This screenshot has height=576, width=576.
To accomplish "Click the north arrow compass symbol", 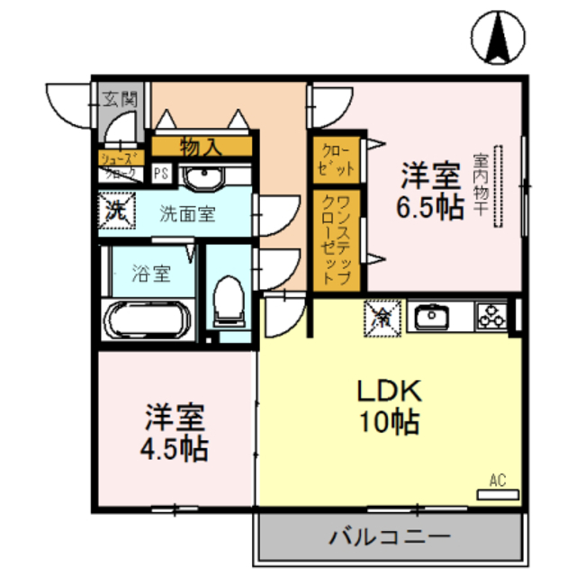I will (x=496, y=37).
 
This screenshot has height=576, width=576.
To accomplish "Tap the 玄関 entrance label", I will (x=119, y=99).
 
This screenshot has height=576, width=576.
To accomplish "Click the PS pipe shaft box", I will (x=162, y=174).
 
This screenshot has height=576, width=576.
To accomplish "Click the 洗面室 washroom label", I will (x=187, y=214).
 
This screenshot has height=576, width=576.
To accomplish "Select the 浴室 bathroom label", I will (x=151, y=274).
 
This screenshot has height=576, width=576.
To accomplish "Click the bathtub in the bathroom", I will (x=146, y=319).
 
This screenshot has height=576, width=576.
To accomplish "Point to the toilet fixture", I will (x=229, y=301).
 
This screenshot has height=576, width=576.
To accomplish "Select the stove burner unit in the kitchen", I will (x=492, y=316).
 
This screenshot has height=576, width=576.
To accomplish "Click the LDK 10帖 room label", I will (x=390, y=406).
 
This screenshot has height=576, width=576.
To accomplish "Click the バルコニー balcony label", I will (x=389, y=539).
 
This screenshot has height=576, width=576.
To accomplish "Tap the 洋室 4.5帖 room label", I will (x=176, y=433).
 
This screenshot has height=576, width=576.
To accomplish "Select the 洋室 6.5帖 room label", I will (x=431, y=190).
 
